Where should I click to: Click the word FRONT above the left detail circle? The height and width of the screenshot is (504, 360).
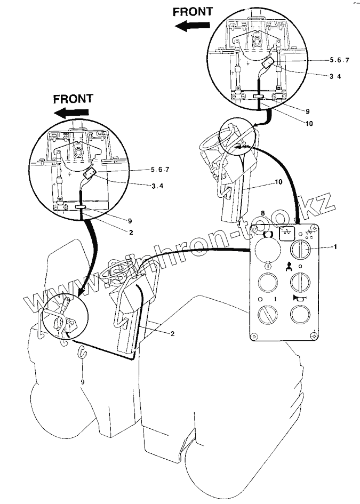[x=74, y=98]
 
